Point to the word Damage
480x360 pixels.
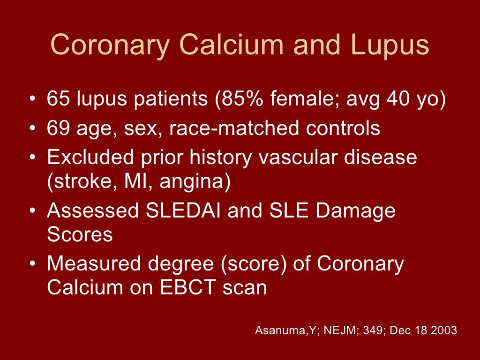[355, 211]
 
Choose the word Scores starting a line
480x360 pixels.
[80, 234]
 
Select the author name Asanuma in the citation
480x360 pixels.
[276, 330]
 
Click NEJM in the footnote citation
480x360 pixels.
[321, 330]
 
